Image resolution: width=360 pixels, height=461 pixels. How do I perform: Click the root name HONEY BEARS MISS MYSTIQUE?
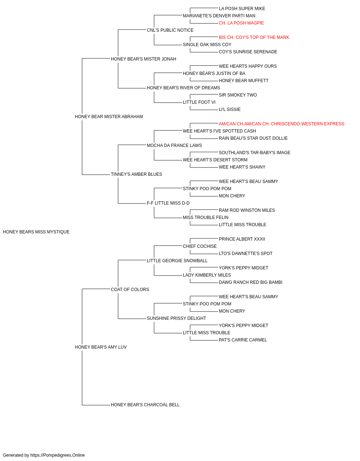point(36,232)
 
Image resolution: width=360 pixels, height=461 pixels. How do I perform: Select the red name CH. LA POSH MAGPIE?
point(241,23)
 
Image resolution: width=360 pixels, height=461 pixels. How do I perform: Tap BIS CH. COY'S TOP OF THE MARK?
point(254,37)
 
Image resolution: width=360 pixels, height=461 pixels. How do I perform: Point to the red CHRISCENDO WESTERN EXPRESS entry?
point(282,124)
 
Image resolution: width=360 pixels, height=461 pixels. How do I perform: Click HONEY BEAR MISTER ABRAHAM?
point(109,116)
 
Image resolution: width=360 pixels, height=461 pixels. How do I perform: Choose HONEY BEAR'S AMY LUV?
point(101,347)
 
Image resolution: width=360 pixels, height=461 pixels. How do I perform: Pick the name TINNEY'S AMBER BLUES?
point(136,174)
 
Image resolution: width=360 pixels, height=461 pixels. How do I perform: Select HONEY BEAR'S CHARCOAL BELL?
point(145,405)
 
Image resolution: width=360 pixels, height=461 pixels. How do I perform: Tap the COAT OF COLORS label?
point(130,289)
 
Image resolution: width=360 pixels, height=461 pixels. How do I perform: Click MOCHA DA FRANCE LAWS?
point(174,145)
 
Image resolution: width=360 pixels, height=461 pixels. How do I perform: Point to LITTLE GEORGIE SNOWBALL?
point(177,260)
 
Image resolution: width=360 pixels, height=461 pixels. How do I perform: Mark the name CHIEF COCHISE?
point(200,246)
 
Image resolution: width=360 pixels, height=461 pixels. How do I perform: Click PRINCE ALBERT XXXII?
point(242,239)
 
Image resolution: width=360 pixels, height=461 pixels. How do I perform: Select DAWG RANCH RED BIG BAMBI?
point(251,282)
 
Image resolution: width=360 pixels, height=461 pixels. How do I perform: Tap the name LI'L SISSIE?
point(230,109)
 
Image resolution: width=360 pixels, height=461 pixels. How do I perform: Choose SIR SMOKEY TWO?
point(238,95)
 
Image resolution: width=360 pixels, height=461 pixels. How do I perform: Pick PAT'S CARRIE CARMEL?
point(243,340)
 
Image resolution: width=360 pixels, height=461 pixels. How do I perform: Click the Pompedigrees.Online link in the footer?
point(58,455)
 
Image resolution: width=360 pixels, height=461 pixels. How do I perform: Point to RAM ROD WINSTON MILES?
point(247,210)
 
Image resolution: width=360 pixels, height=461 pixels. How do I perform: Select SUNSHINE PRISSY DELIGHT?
point(176,318)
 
